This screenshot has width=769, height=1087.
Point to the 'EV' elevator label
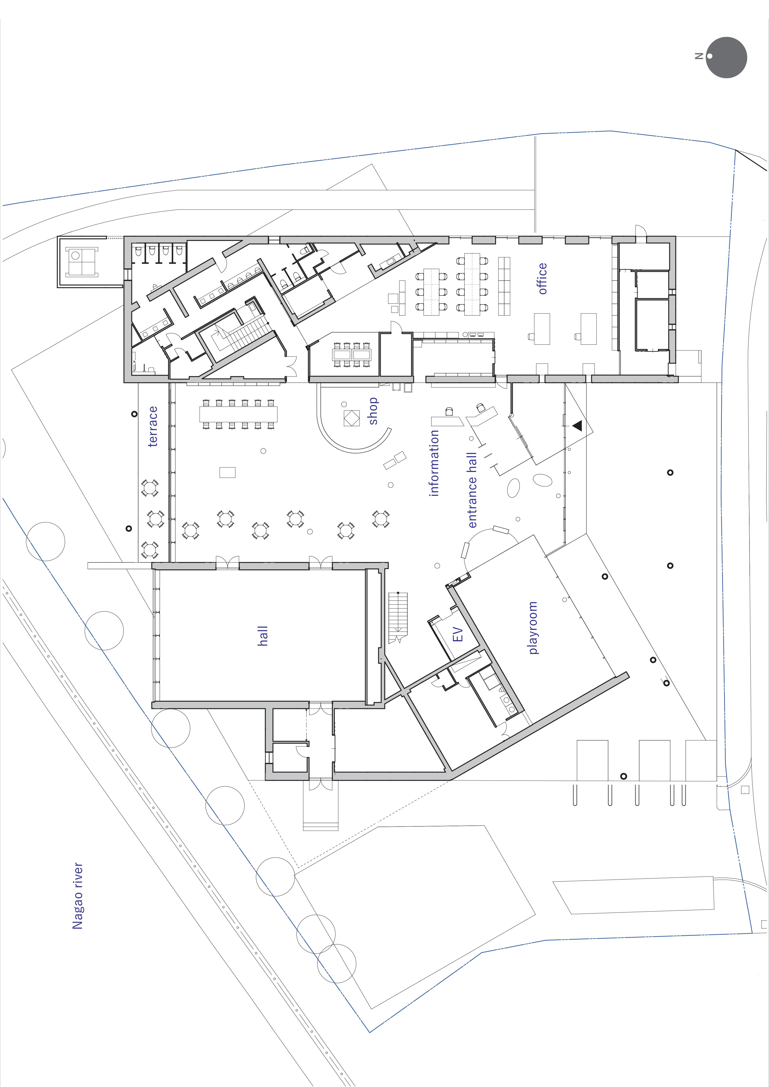[x=458, y=635]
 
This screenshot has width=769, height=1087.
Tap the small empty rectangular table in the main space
[x=227, y=472]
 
